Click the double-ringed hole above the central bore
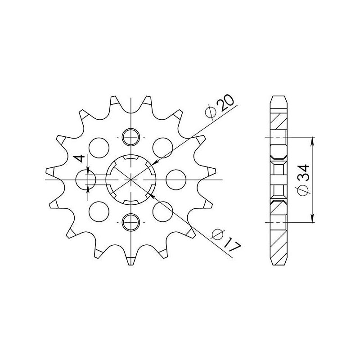tap(130, 136)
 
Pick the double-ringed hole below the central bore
tap(130, 221)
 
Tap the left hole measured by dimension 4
tap(86, 180)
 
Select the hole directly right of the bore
tap(175, 180)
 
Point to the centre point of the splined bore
tap(130, 180)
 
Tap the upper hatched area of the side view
tap(278, 121)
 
